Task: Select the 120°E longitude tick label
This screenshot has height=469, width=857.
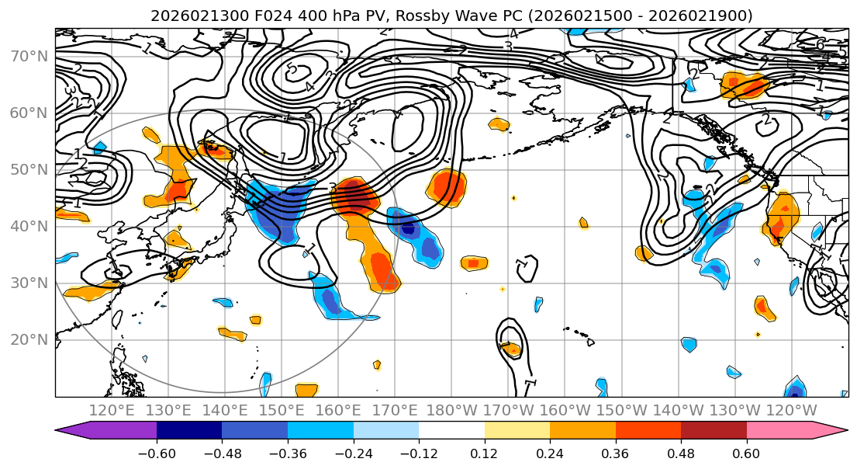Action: pos(112,410)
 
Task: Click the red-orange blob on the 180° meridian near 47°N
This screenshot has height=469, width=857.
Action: pos(448,186)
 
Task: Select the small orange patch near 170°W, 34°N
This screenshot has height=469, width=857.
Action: pos(474,263)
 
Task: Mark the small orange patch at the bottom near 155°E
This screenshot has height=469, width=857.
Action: pos(307,390)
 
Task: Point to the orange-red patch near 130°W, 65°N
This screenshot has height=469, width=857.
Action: pos(743,85)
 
